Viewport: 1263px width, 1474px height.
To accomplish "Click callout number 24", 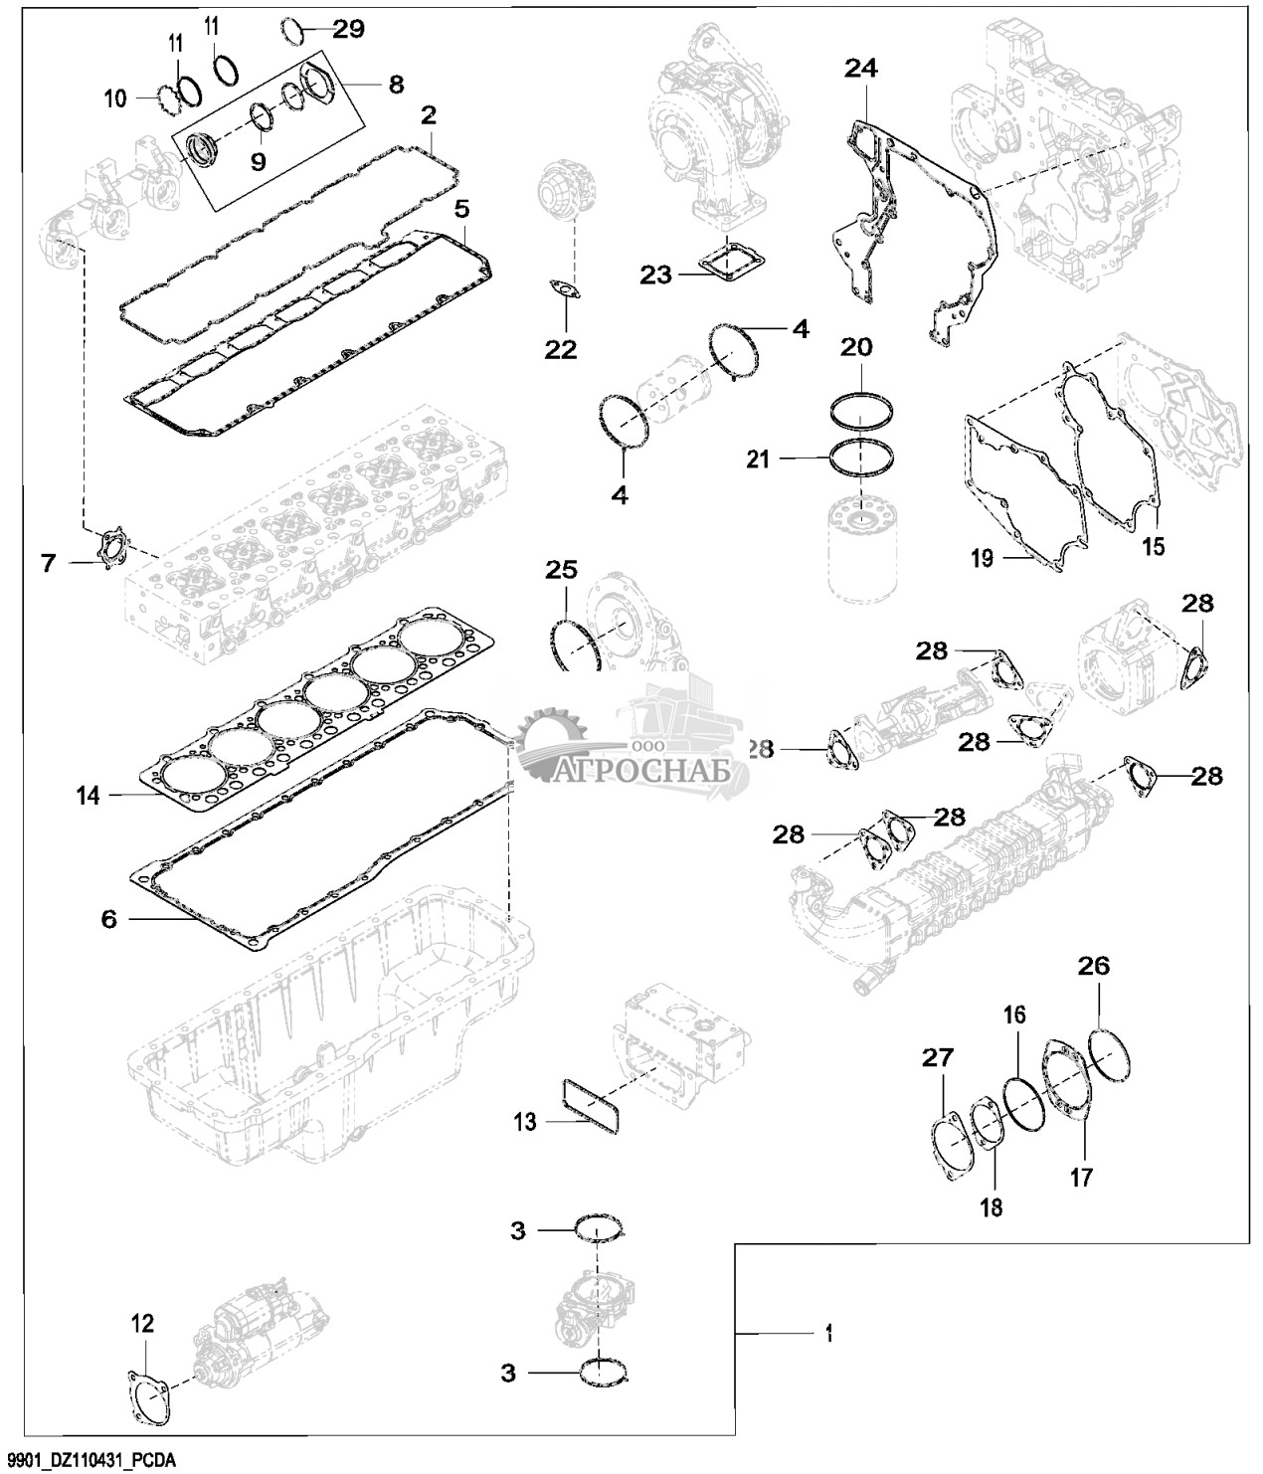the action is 861,69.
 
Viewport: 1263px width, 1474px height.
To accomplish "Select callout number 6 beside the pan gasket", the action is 108,919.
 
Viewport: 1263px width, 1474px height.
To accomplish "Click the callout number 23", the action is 655,276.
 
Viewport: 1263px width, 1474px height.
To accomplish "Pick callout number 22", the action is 561,349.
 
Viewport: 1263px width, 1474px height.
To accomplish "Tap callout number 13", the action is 525,1122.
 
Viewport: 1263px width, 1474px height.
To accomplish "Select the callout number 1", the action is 828,1334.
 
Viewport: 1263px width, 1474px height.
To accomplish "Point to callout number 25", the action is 562,570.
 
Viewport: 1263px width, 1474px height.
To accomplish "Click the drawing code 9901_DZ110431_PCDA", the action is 89,1461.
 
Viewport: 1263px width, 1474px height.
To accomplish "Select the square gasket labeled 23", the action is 730,261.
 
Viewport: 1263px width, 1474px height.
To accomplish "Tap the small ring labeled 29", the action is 292,30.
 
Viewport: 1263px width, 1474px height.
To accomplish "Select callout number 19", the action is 982,558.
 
